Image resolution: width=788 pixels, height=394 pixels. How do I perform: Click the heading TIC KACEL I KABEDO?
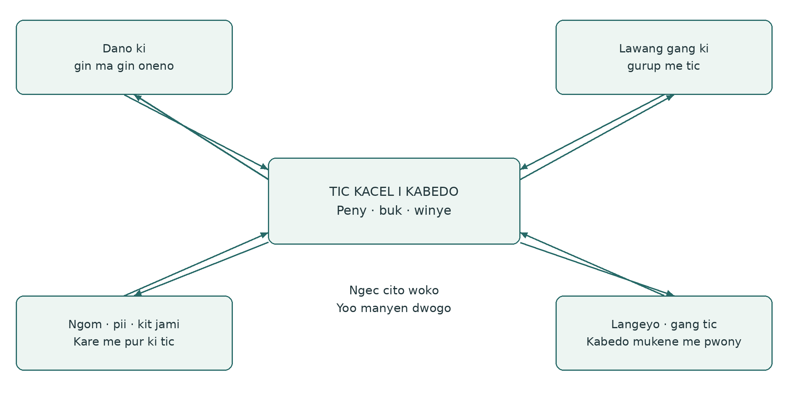[x=394, y=191]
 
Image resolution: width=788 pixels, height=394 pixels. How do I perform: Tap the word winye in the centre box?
[x=433, y=210]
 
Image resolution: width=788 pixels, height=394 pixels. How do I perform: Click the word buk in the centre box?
[x=390, y=210]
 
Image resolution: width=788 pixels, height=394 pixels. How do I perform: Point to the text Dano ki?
[x=124, y=48]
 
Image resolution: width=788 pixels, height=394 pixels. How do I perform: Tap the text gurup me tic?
[x=664, y=66]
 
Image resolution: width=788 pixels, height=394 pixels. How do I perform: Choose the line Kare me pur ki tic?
[x=124, y=342]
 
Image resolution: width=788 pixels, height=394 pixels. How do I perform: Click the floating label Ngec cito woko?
[x=394, y=290]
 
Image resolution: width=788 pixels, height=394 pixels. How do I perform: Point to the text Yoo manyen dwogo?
[x=394, y=308]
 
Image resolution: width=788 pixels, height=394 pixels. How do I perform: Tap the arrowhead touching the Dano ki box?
[x=138, y=97]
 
